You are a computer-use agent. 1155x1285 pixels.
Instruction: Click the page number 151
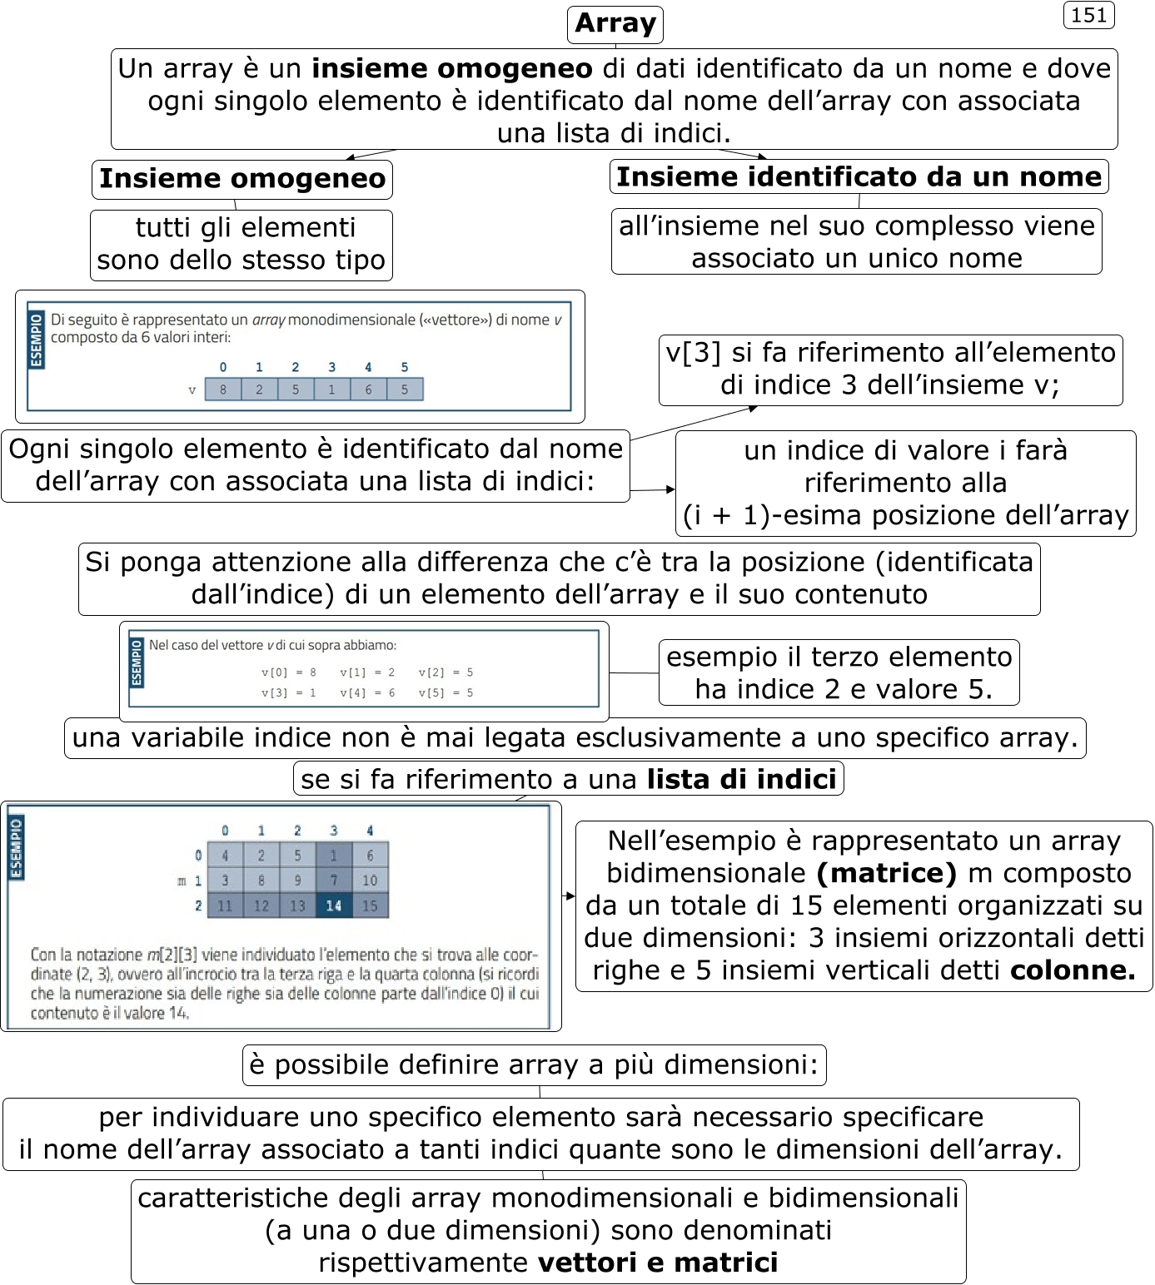[x=1088, y=16]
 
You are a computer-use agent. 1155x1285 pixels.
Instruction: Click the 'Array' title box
[x=615, y=24]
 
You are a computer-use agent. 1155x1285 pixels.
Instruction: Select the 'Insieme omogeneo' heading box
[x=242, y=179]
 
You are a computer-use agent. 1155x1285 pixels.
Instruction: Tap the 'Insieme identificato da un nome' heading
[x=859, y=177]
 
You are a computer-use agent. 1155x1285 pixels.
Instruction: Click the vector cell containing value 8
[x=223, y=389]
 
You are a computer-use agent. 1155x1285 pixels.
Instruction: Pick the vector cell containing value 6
[x=368, y=389]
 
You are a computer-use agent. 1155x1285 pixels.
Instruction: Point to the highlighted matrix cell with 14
[x=334, y=905]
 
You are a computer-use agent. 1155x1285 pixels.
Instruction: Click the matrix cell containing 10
[x=370, y=881]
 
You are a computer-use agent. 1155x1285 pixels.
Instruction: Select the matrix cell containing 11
[x=225, y=905]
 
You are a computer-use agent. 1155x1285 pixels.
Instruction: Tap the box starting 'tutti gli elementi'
[x=241, y=245]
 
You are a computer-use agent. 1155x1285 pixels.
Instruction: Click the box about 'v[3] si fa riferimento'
[x=890, y=370]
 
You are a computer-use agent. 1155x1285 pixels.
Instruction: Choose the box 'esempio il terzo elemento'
[x=839, y=672]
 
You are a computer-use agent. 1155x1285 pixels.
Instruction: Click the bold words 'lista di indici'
[x=741, y=779]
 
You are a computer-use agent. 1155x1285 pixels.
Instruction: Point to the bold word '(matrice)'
[x=886, y=873]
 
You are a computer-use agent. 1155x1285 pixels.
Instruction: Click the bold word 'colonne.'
[x=1073, y=970]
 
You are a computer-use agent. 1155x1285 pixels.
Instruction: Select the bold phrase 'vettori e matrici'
[x=658, y=1263]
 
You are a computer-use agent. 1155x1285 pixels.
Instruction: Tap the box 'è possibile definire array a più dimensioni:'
[x=534, y=1065]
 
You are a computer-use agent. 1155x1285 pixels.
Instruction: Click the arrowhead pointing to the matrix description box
[x=570, y=896]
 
